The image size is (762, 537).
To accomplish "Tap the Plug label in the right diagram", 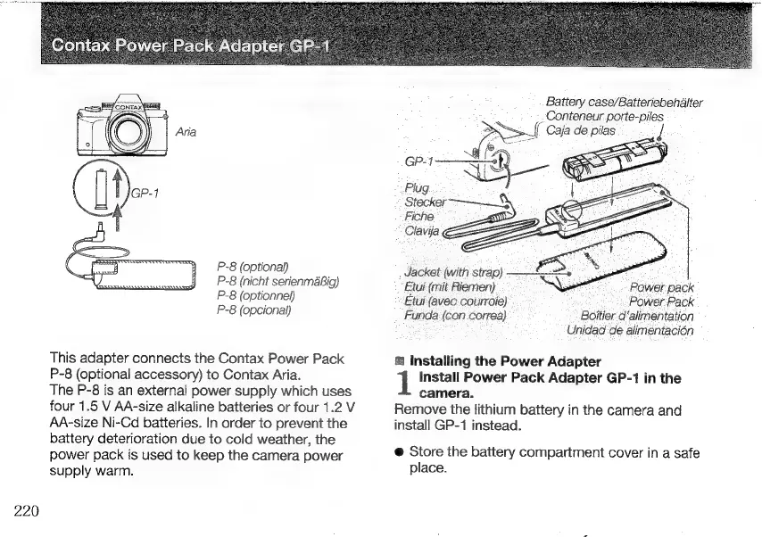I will (416, 188).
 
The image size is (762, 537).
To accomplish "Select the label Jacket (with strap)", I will (453, 271).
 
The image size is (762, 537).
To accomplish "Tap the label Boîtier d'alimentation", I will (637, 315).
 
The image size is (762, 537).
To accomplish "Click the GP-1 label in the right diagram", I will (419, 161).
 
